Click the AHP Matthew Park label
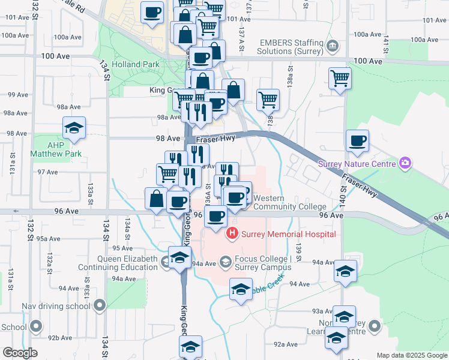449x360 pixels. (x=56, y=149)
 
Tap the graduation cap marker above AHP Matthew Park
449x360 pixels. (x=74, y=128)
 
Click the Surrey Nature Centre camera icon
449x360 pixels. (x=406, y=163)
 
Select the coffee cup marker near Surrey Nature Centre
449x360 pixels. (x=358, y=141)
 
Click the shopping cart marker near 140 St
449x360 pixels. (x=340, y=78)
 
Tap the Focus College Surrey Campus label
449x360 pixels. (x=263, y=263)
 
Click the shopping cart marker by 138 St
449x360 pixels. (x=268, y=100)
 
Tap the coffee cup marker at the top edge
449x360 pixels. (x=152, y=12)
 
